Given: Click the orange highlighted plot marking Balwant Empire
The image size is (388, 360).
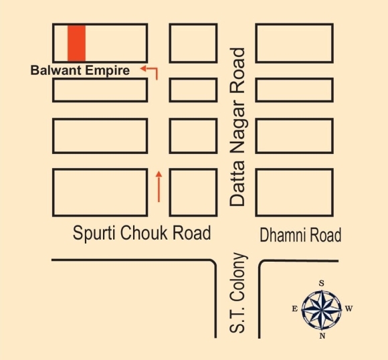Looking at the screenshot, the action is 77,43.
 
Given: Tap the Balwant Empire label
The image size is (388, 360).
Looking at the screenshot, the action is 80,70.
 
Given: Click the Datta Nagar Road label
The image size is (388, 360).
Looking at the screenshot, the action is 237,127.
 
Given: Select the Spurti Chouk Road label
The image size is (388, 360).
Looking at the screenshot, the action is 142,232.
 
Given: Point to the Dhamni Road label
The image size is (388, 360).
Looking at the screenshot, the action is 300,235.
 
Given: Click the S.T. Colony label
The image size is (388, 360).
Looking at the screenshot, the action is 237,293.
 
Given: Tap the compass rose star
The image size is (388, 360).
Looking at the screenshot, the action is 321,309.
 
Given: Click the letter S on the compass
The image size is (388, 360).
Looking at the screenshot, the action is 321,283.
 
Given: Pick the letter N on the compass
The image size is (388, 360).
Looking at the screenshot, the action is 322,336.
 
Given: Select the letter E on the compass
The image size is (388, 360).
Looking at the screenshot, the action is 295,308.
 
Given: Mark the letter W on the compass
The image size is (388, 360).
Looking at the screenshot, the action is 349,308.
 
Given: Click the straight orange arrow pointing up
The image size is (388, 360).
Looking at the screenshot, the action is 159,187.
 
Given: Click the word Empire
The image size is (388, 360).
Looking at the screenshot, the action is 108,70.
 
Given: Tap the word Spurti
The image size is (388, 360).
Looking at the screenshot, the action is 94,233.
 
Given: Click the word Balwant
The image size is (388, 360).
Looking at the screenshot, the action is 56,70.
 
